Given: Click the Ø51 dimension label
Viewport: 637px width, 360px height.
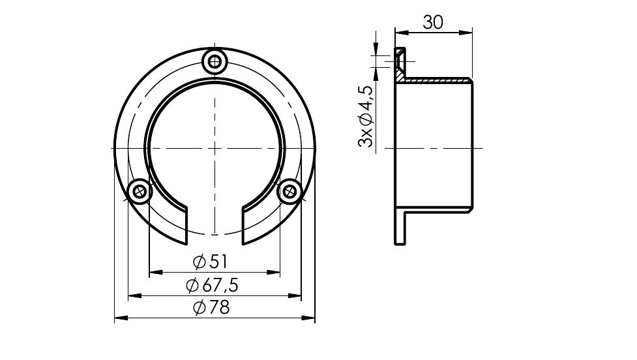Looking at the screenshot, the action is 211,262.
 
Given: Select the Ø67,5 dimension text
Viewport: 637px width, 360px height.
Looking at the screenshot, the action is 212,286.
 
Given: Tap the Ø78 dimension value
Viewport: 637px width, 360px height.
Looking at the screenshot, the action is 212,308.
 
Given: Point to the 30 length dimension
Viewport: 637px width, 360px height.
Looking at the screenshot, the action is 433,22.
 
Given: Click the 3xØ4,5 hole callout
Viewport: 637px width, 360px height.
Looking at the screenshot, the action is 365,116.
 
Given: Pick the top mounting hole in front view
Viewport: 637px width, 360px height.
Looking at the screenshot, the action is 215,62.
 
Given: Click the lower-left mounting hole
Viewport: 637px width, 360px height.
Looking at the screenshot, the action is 140,190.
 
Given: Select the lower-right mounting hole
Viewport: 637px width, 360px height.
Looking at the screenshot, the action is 289,190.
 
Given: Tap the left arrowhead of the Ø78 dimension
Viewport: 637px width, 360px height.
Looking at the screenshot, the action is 121,318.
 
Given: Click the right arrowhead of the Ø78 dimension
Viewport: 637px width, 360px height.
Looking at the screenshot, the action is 309,318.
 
